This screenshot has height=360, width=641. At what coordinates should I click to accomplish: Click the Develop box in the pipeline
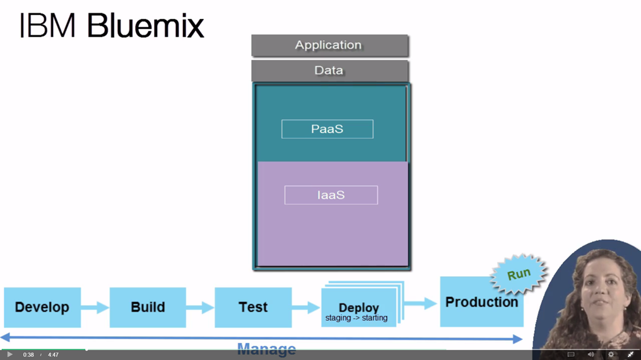coord(42,307)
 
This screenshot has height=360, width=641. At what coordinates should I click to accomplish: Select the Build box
coord(148,307)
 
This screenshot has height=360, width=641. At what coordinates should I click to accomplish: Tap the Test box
coord(253,307)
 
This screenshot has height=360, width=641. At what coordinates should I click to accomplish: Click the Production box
coord(481,302)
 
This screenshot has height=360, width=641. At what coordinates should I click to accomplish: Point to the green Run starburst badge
coord(519,275)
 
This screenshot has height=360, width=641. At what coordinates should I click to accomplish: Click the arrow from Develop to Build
coord(95,308)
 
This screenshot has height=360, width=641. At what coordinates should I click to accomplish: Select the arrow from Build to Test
coord(200,308)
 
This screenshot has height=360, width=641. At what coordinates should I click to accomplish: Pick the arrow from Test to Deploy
coord(306,308)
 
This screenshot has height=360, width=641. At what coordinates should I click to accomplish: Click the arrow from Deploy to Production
coord(421,303)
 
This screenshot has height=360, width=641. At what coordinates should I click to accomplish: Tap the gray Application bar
coord(329,45)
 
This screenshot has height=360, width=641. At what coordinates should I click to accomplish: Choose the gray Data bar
coord(329,71)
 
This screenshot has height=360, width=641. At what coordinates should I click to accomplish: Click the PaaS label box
coord(327,129)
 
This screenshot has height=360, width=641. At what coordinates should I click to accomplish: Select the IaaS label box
coord(331,195)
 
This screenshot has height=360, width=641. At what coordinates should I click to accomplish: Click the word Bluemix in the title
coord(145,26)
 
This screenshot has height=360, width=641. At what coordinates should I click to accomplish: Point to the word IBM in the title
coord(47,26)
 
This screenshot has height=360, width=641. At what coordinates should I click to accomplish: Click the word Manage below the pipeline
coord(266,349)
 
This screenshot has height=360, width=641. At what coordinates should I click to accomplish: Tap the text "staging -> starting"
coord(356,318)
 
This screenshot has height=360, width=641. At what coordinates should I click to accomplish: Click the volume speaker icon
coord(591,355)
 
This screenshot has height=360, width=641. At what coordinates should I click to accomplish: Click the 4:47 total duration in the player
coord(53,355)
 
